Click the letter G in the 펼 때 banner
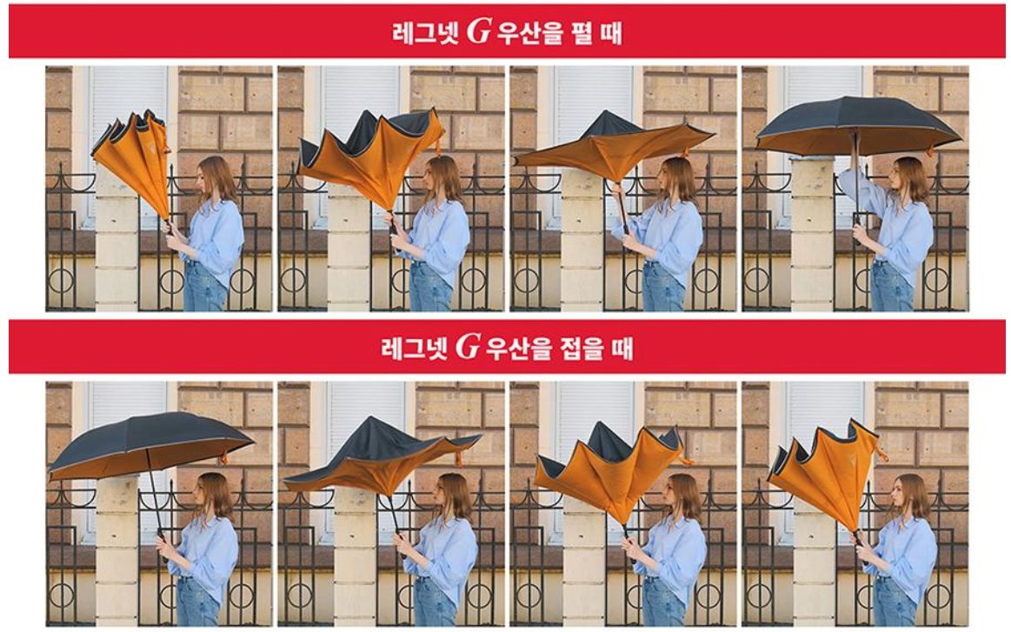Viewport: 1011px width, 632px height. [478, 31]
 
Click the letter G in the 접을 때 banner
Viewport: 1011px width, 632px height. [468, 346]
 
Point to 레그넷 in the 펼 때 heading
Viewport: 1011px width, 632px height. [426, 32]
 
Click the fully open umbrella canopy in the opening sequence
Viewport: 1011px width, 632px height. [858, 126]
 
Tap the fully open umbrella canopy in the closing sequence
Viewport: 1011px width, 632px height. [150, 445]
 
